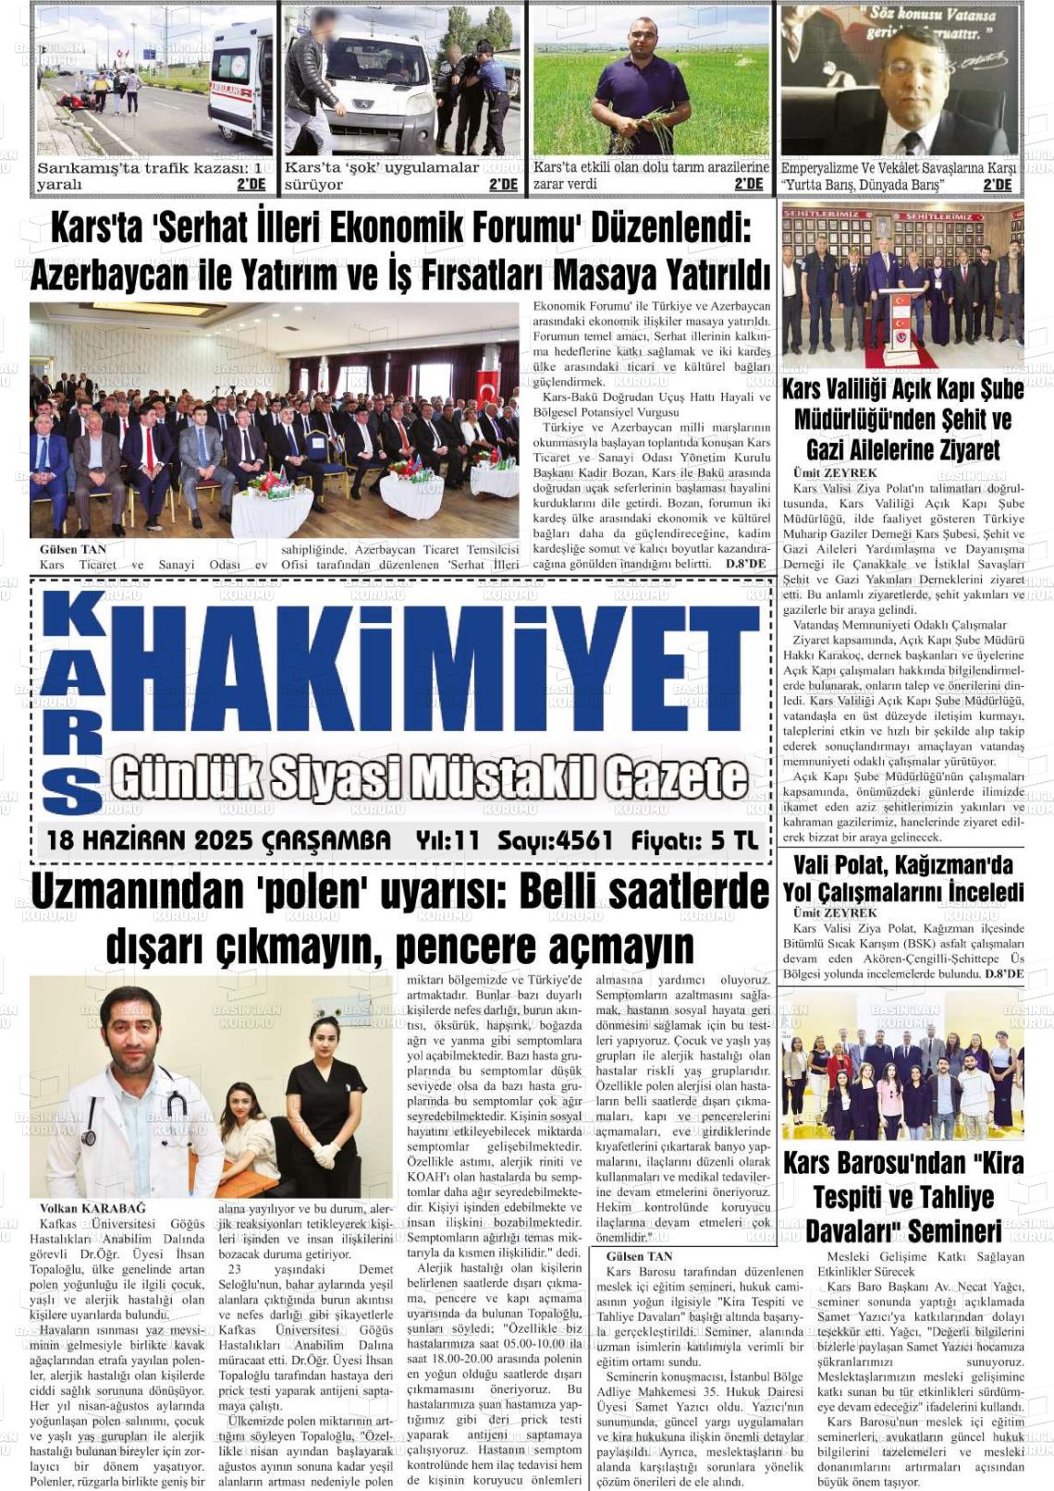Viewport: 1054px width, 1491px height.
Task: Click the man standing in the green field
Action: click(x=642, y=89)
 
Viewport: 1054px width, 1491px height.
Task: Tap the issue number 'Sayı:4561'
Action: click(x=555, y=840)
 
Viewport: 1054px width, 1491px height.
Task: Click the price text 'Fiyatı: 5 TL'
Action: click(x=694, y=840)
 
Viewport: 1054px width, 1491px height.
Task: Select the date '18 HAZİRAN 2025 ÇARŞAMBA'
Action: click(x=218, y=840)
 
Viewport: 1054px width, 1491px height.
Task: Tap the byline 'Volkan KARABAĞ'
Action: click(x=92, y=1208)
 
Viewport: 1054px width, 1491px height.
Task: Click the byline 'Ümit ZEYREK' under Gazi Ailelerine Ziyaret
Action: click(x=835, y=472)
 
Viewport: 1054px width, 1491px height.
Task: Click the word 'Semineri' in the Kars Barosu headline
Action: click(x=955, y=1230)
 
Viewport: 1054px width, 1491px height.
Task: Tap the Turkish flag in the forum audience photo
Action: click(x=487, y=388)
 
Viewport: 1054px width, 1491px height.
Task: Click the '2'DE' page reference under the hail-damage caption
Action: click(x=748, y=184)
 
